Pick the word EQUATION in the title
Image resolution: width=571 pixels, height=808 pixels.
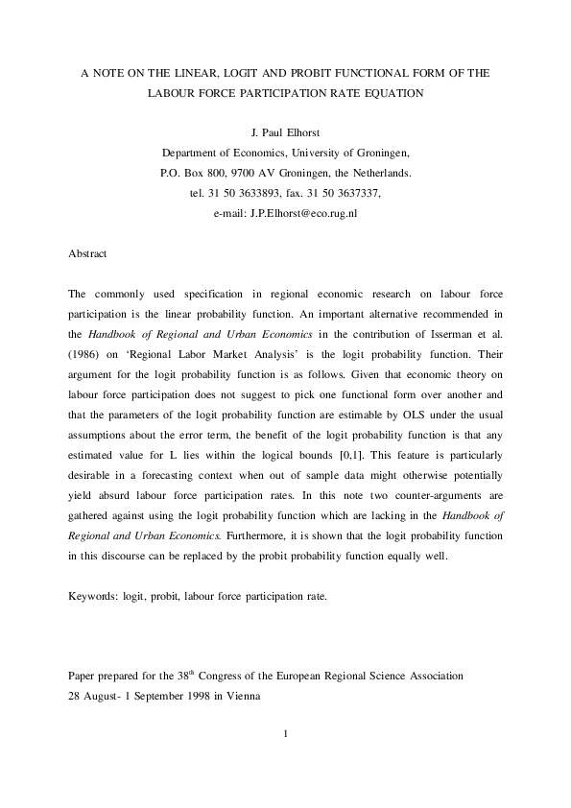pos(393,93)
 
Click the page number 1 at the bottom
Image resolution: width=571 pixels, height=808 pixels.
pos(286,735)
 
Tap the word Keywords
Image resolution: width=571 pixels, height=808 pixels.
pos(92,596)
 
